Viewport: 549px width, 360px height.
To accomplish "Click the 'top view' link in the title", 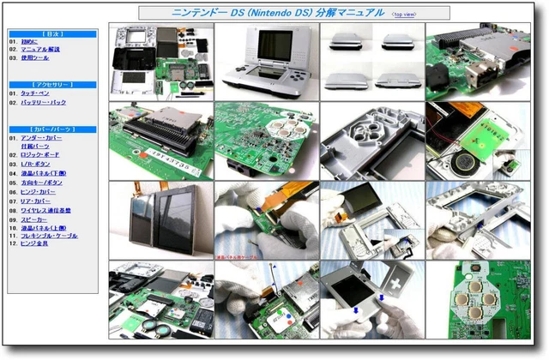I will pyautogui.click(x=405, y=15).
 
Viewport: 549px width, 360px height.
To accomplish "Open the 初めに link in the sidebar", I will pyautogui.click(x=29, y=40).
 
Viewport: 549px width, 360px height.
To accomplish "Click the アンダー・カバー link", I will pyautogui.click(x=41, y=138).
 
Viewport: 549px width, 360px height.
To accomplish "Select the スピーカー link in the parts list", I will pyautogui.click(x=34, y=217).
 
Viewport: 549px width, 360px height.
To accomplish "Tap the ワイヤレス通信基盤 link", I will pyautogui.click(x=46, y=208).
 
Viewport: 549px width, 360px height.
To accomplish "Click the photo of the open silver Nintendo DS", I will pyautogui.click(x=266, y=62).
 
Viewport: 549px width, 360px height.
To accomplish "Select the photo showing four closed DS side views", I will pyautogui.click(x=371, y=62).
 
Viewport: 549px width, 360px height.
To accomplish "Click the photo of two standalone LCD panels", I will pyautogui.click(x=160, y=219).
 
